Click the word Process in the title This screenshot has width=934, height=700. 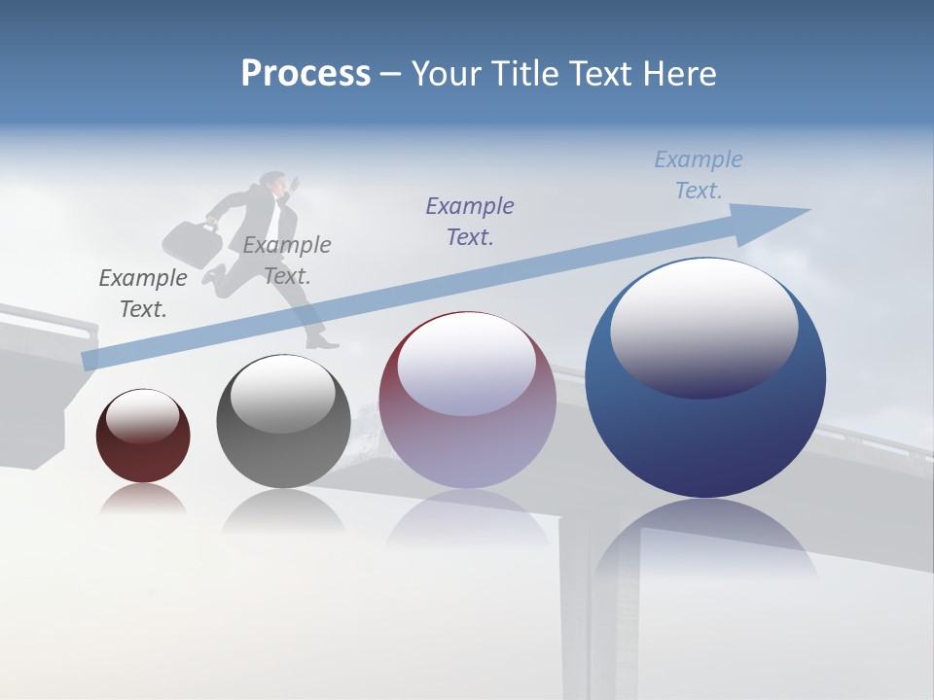click(x=305, y=74)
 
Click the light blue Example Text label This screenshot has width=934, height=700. click(x=698, y=175)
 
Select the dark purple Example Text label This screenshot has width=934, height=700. click(x=470, y=221)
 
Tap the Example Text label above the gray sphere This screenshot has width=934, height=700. click(x=287, y=260)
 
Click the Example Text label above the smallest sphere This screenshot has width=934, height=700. click(x=143, y=293)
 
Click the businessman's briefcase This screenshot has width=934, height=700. click(x=192, y=243)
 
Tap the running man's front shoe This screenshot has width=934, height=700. click(x=322, y=342)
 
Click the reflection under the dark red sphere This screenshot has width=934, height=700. click(x=143, y=498)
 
